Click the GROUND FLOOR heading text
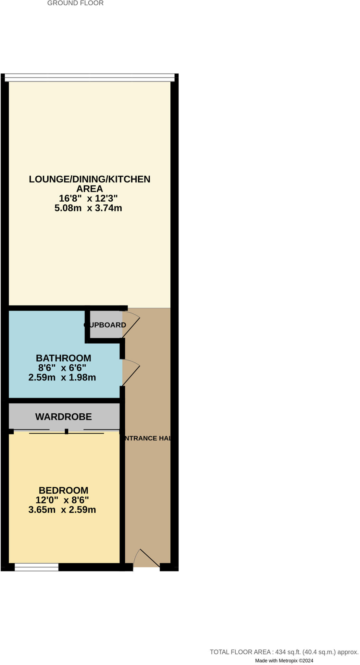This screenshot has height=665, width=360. click(75, 3)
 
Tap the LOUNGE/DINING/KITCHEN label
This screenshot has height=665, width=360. click(90, 179)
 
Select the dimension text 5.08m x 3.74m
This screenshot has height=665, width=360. click(88, 208)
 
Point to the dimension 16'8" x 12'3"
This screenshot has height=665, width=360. click(88, 198)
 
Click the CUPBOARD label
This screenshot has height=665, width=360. click(105, 325)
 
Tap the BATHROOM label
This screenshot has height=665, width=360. click(64, 358)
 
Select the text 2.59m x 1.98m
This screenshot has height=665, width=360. click(62, 378)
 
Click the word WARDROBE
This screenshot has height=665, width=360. click(64, 417)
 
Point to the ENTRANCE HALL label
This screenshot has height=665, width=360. click(147, 438)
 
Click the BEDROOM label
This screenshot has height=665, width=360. click(64, 490)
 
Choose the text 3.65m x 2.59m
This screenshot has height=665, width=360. click(62, 510)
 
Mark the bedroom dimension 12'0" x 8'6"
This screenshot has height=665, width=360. click(62, 500)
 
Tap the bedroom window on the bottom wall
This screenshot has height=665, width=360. click(36, 567)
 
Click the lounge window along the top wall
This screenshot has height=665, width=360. click(90, 77)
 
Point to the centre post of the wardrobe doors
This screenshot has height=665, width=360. click(67, 432)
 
